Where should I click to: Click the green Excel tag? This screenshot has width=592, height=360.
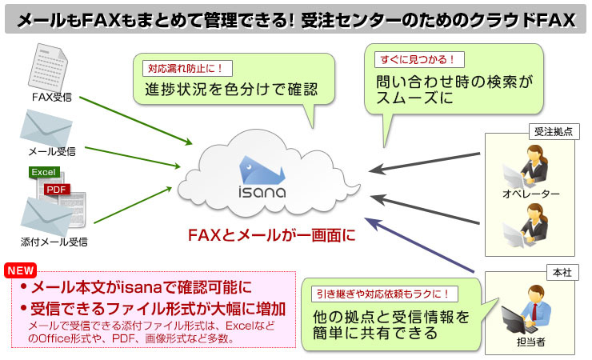tap(43, 173)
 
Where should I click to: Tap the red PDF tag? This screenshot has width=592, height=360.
tap(58, 189)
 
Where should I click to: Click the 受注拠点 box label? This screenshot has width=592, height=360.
tap(553, 131)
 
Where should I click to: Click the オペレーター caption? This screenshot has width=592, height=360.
tap(530, 194)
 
